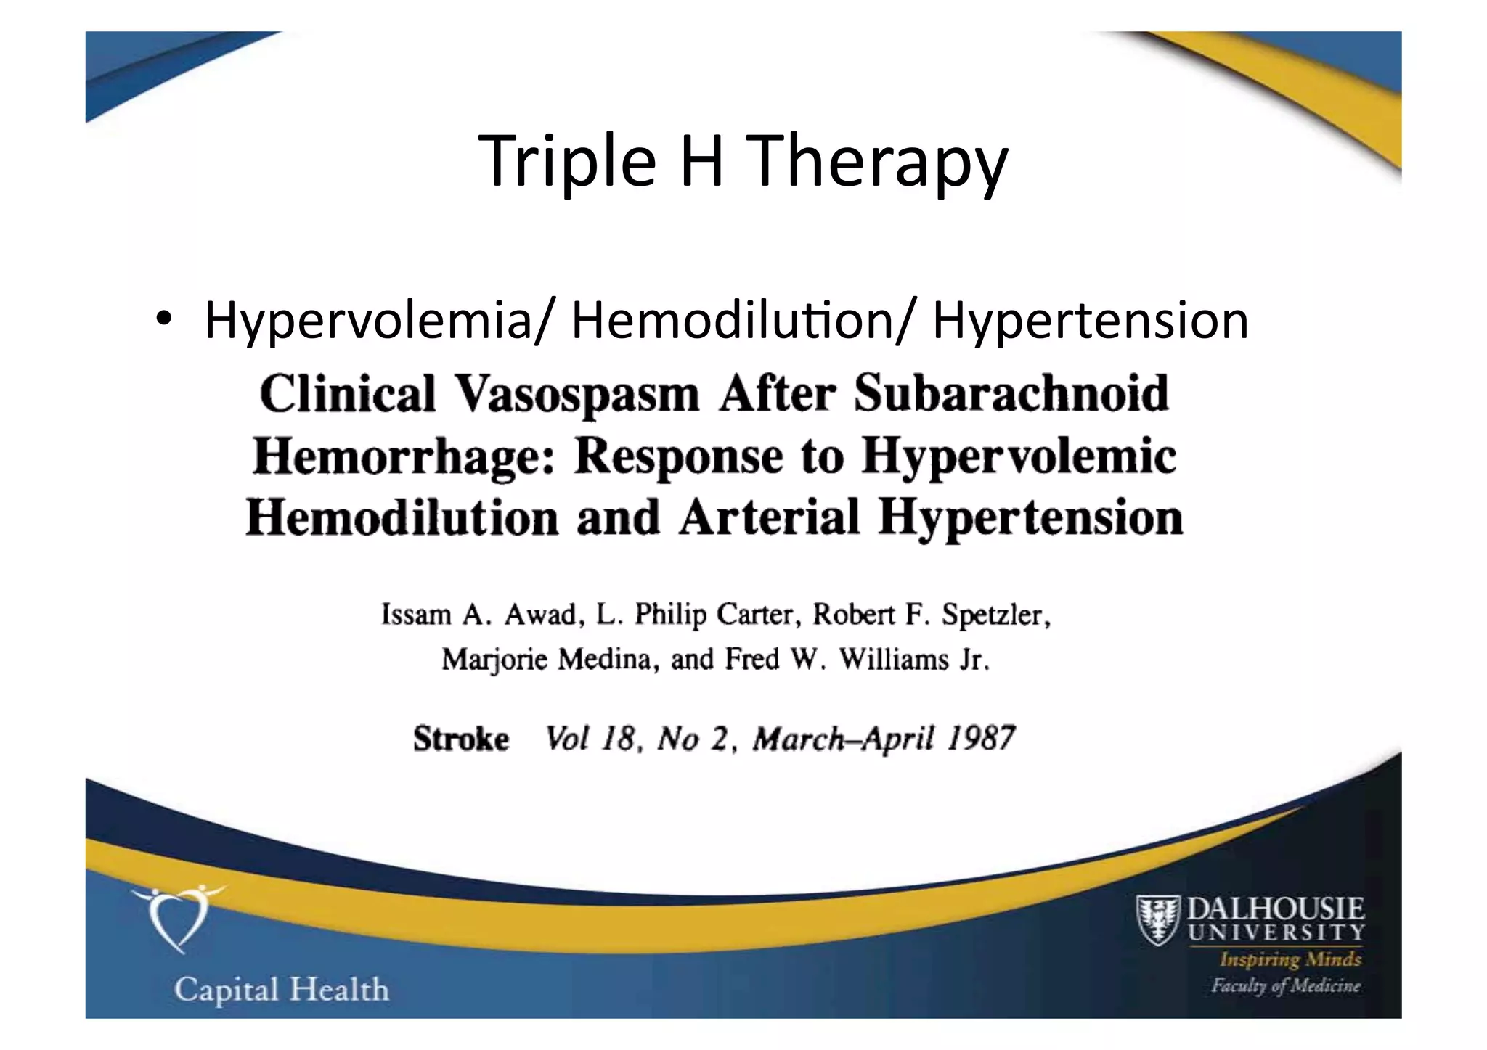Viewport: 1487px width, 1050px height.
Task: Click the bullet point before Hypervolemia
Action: pos(163,320)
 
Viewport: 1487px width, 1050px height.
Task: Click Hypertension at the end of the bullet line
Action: pos(1090,321)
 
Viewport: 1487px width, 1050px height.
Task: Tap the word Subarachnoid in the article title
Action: pos(1011,394)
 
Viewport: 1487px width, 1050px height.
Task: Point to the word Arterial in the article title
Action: pos(769,518)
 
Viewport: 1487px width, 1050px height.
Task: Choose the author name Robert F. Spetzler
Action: pos(931,615)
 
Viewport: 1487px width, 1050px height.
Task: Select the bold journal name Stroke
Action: pos(461,739)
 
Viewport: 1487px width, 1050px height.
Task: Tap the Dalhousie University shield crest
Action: pos(1157,920)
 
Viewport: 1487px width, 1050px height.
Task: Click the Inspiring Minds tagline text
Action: pos(1290,960)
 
